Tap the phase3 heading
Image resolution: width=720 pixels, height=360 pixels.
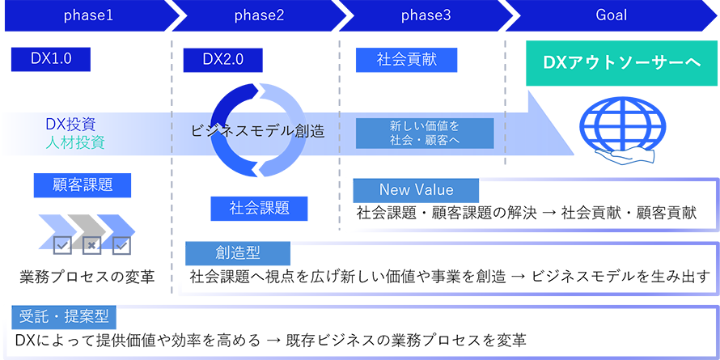pyautogui.click(x=426, y=15)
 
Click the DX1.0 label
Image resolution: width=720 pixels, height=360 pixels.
pyautogui.click(x=52, y=58)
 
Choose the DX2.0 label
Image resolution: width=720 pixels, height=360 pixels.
pyautogui.click(x=223, y=58)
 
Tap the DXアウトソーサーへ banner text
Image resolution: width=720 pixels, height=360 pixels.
pyautogui.click(x=621, y=61)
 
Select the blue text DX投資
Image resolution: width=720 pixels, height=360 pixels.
pyautogui.click(x=71, y=125)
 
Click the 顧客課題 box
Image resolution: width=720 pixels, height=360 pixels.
pyautogui.click(x=83, y=184)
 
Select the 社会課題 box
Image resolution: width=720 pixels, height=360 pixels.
pyautogui.click(x=256, y=208)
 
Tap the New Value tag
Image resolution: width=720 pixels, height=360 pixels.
pyautogui.click(x=417, y=190)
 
